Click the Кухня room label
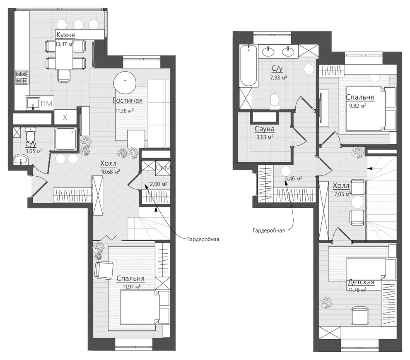coord(65,35)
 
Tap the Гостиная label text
coord(127,101)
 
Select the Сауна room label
coord(264,129)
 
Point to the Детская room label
coord(361,282)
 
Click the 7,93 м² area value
coord(278,77)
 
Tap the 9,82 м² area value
coord(357,106)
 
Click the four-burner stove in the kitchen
coord(22,77)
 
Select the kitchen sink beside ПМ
coord(33,103)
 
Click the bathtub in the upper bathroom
coord(248,65)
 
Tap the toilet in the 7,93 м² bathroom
coord(275,101)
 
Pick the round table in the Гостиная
coord(125,82)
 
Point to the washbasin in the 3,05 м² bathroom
coord(20,159)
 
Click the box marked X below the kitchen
coord(65,118)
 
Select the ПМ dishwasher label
coord(46,104)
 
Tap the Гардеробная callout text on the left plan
coord(203,239)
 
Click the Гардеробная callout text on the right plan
coord(268,230)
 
